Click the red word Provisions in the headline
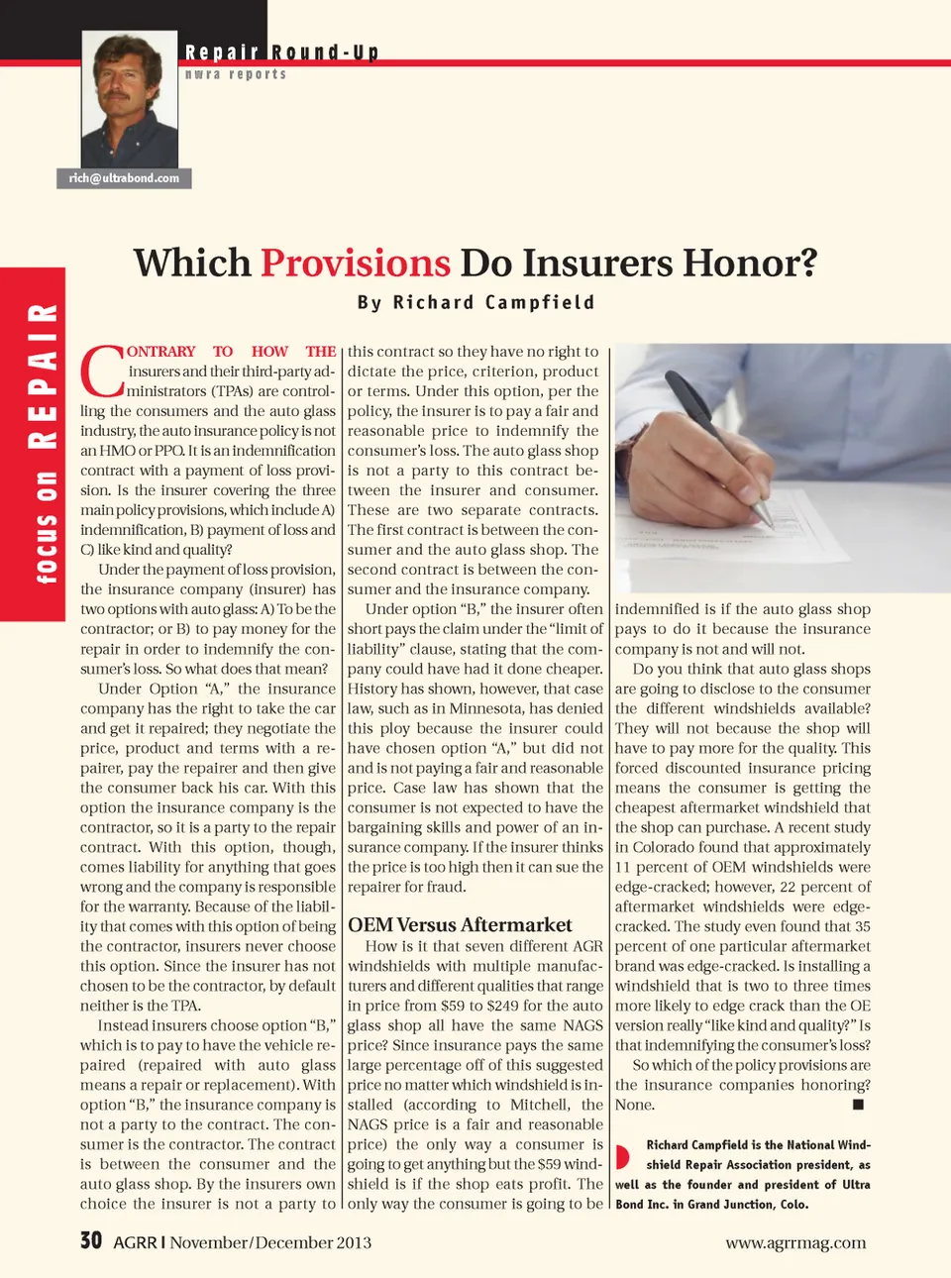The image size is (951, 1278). point(356,264)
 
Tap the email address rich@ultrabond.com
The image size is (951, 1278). point(124,178)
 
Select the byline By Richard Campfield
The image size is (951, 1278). point(475,303)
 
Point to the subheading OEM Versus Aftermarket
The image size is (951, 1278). point(460,924)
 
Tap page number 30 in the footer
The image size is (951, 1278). point(91,1240)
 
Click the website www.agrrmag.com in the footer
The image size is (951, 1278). point(795,1242)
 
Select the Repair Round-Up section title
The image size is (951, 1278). point(281,53)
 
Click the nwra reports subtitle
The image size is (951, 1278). point(236,74)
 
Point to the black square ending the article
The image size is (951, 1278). point(858,1104)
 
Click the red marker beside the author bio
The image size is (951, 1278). point(622,1156)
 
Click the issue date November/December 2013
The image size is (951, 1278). point(270,1242)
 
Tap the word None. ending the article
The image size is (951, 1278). point(634,1105)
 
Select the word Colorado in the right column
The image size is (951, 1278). point(672,847)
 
